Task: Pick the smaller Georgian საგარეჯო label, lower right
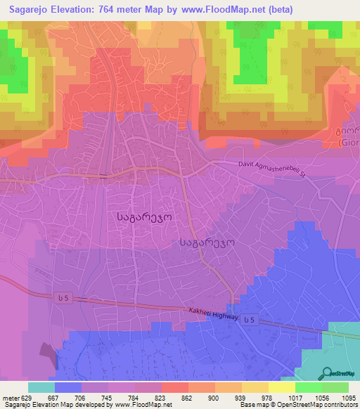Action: [x=207, y=242]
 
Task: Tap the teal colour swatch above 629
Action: [x=41, y=387]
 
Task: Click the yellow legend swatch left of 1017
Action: [x=282, y=387]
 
